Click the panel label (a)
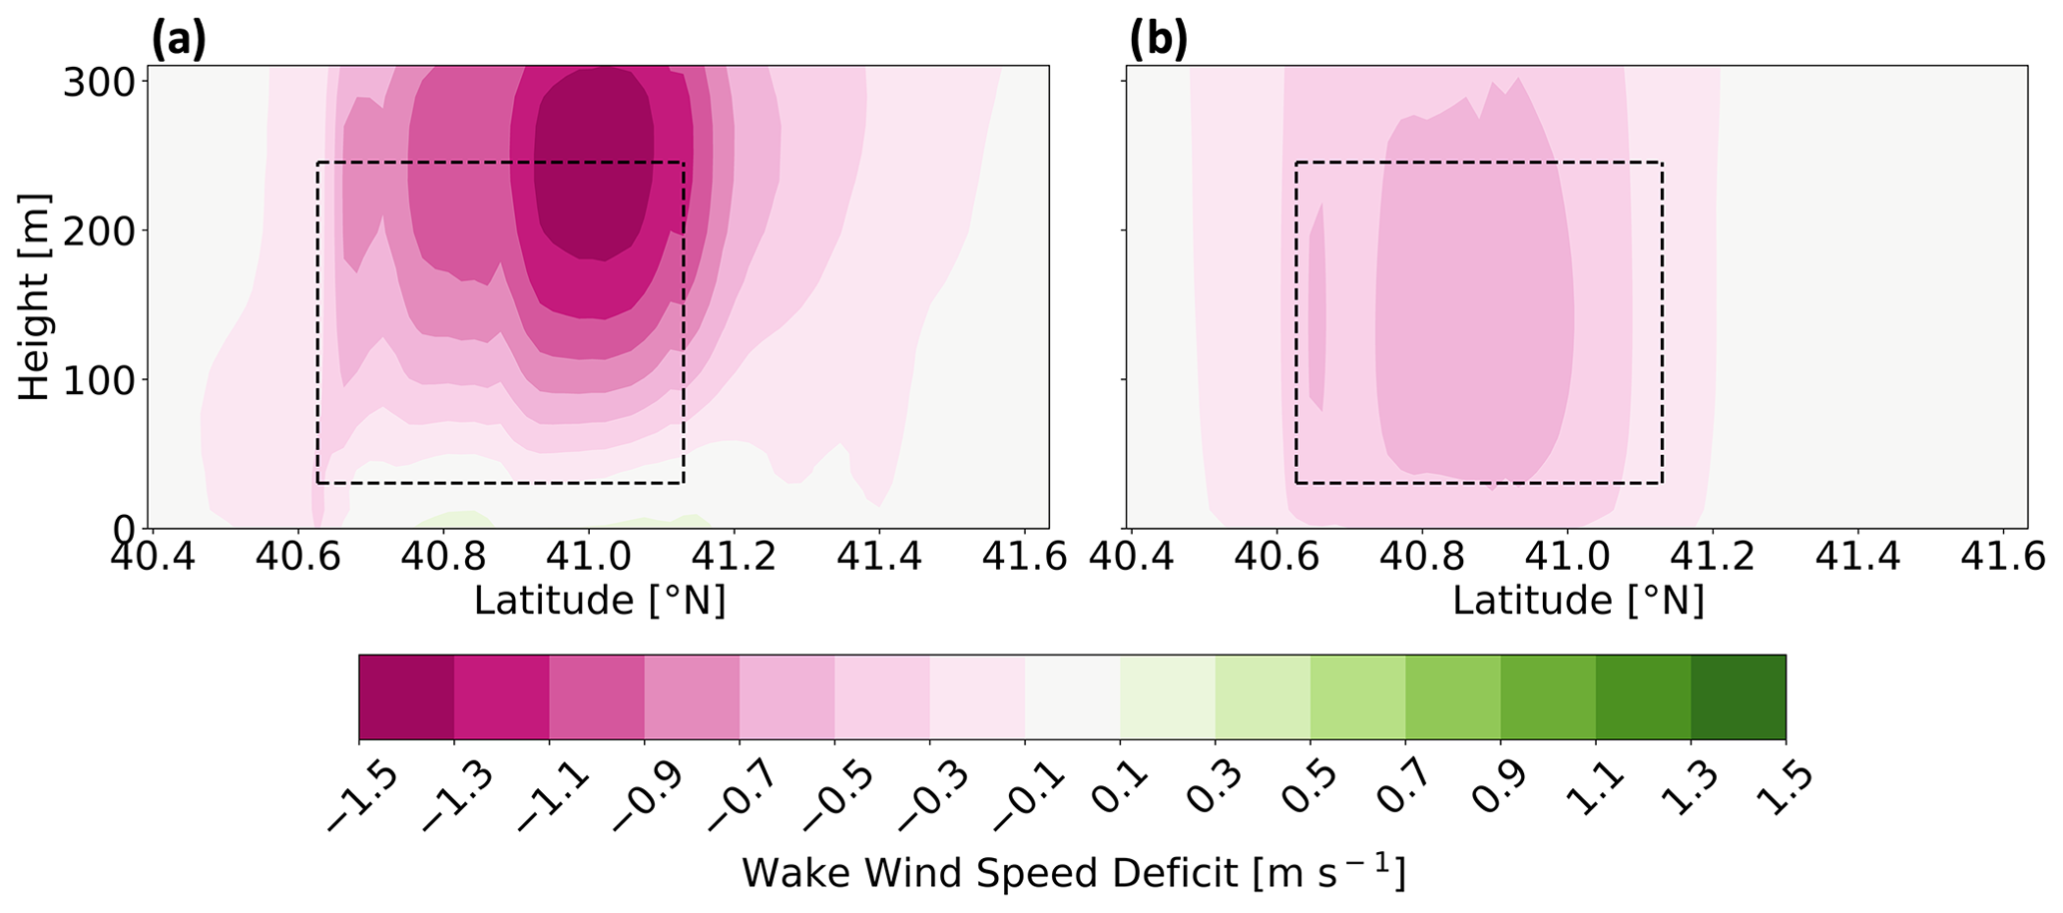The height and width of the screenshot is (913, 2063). point(179,40)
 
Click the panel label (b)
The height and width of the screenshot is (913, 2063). point(1159,40)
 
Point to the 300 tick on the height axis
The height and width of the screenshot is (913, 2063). point(99,82)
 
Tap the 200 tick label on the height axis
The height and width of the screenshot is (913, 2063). point(99,230)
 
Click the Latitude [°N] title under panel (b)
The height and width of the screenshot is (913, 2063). point(1578,601)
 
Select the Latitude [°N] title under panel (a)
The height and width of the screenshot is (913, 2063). point(599,601)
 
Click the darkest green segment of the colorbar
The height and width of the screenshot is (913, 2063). point(1738,696)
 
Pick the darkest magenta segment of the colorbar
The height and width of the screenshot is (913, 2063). point(406,696)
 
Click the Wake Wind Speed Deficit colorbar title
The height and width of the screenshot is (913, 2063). point(1073,874)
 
